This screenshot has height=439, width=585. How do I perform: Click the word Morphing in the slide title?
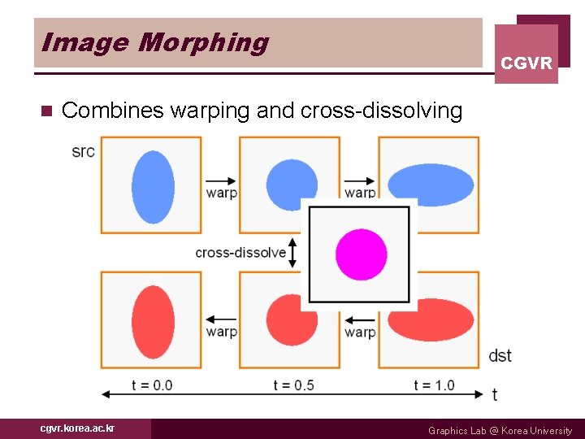[x=203, y=42]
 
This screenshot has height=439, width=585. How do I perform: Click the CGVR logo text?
[x=526, y=63]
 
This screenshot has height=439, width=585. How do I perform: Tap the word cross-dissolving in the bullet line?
[x=381, y=111]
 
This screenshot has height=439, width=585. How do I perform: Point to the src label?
[x=83, y=151]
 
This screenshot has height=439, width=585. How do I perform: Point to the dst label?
[x=500, y=355]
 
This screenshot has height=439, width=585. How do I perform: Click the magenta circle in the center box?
[x=361, y=254]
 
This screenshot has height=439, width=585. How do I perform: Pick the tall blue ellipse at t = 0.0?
[x=153, y=186]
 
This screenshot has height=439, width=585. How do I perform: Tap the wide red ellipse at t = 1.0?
[x=431, y=320]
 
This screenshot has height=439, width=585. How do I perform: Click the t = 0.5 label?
[x=293, y=385]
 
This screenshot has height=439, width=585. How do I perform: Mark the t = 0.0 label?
[x=152, y=385]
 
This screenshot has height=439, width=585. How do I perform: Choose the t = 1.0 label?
[x=434, y=385]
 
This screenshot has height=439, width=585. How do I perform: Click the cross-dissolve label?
[x=240, y=253]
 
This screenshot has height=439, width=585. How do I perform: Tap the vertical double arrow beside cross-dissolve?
[x=293, y=252]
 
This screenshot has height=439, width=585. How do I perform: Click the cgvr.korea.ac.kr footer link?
[x=78, y=428]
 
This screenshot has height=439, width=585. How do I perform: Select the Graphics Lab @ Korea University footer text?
[x=500, y=430]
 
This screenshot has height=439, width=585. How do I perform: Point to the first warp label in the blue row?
[x=221, y=193]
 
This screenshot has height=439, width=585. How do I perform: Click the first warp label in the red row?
[x=221, y=331]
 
